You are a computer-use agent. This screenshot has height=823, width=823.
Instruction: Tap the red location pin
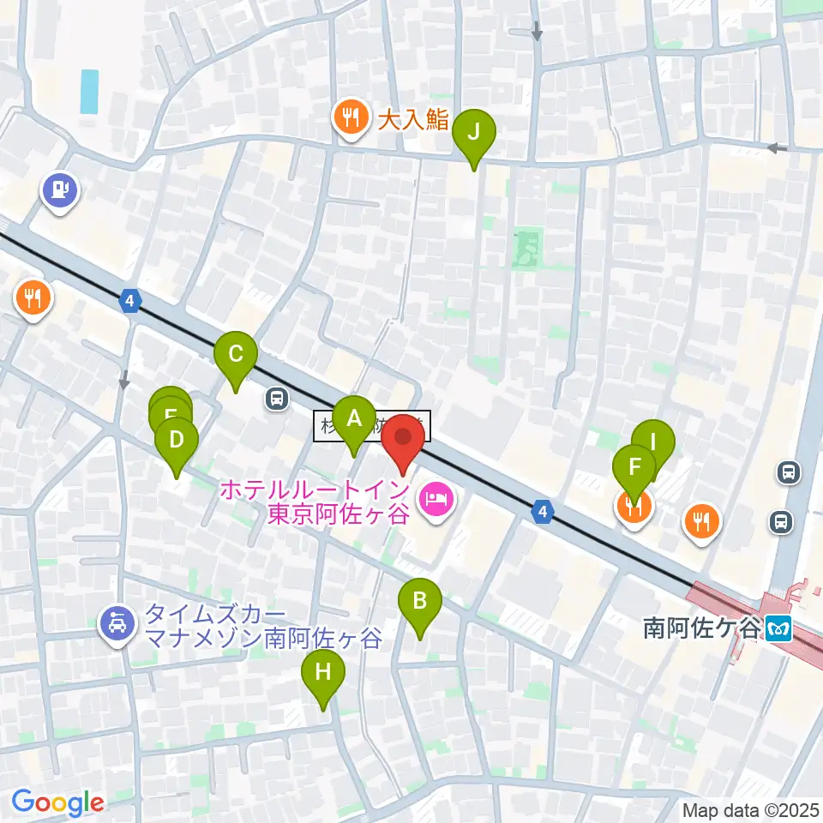(402, 444)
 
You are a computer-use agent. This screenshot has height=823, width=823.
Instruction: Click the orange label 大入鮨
(413, 119)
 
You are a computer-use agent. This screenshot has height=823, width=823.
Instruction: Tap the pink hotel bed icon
(436, 501)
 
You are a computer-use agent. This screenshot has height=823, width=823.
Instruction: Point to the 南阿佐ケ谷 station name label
(701, 628)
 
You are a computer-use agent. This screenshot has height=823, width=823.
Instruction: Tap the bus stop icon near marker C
(277, 399)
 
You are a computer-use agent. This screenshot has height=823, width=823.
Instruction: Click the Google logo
(57, 802)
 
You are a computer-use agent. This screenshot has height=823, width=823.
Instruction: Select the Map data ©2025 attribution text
(750, 809)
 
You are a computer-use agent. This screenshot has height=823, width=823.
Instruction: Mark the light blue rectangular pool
(88, 92)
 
